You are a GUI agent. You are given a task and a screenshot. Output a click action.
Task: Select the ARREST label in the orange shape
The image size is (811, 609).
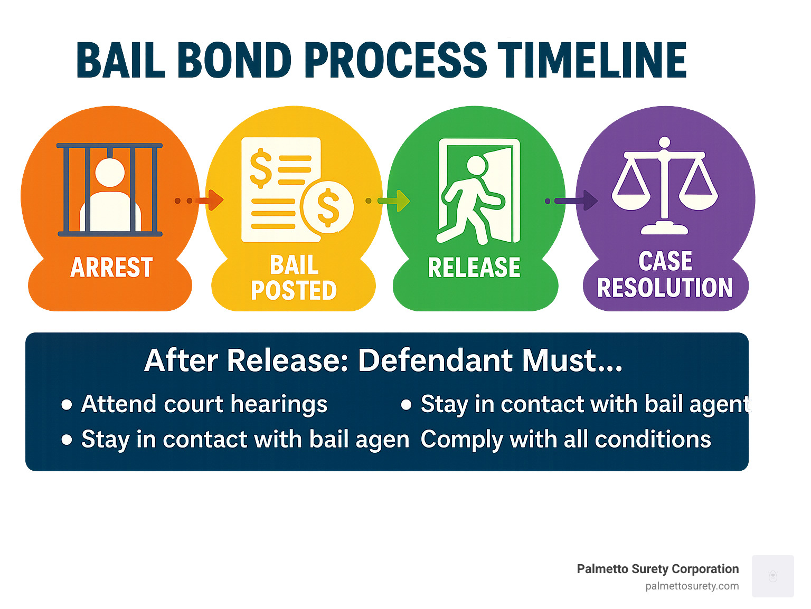pos(111,268)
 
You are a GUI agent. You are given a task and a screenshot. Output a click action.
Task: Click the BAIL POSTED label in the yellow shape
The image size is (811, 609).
pos(294,278)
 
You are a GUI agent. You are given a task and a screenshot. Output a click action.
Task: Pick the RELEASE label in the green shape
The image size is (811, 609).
pos(474,268)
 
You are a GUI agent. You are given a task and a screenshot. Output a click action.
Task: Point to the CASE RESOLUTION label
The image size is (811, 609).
pos(665,274)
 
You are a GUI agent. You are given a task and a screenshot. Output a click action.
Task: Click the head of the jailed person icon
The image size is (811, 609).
pos(110,172)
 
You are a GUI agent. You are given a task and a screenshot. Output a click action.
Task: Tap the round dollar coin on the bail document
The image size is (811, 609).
pos(327,207)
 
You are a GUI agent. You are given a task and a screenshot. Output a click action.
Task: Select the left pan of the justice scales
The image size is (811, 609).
pos(631,198)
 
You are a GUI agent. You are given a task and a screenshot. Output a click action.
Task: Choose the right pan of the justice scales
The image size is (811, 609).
pos(698,198)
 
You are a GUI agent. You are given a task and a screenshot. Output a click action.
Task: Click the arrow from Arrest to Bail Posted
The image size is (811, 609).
pos(210,201)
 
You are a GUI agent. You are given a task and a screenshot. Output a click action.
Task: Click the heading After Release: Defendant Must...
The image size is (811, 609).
pos(383,360)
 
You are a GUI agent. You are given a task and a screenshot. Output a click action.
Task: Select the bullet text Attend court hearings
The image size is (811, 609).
pos(204,404)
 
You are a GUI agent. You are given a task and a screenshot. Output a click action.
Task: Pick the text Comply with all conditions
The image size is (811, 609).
pos(565,439)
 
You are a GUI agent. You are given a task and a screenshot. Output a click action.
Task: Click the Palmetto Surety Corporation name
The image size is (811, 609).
pos(657,569)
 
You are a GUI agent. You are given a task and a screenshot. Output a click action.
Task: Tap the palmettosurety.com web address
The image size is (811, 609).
pos(692,586)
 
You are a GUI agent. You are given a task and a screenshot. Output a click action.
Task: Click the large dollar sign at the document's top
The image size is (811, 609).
pos(260,168)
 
